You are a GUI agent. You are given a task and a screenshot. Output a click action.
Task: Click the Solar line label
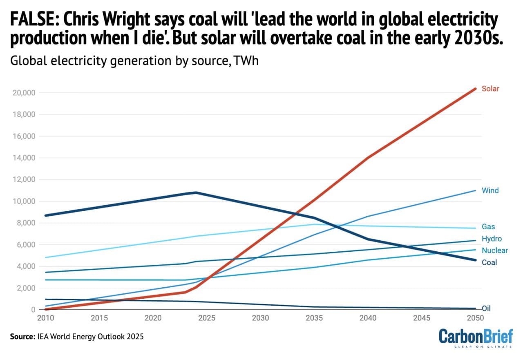click(490, 89)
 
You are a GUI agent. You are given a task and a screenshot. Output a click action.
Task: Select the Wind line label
click(490, 190)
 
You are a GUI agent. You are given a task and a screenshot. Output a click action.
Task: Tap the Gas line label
click(489, 227)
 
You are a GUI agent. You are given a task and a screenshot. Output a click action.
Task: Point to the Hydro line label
click(492, 239)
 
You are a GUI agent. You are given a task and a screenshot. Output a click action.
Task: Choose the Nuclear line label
click(494, 250)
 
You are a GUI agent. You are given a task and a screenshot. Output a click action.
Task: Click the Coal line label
click(489, 262)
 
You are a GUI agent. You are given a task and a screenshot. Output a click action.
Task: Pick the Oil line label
click(486, 308)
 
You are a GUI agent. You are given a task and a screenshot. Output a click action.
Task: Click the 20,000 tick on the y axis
click(24, 93)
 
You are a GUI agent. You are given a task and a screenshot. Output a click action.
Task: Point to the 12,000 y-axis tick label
click(24, 179)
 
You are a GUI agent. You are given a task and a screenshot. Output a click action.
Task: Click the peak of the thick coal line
click(196, 192)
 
